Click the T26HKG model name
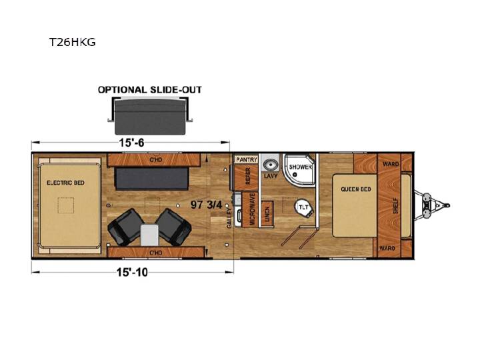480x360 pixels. (x=72, y=41)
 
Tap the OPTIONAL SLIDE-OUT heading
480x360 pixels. (x=150, y=90)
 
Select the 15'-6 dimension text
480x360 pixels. (x=131, y=143)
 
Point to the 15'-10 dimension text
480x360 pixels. (x=132, y=272)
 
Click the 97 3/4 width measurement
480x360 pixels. (x=206, y=205)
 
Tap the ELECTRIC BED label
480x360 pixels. (x=65, y=183)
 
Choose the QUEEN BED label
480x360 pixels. (x=356, y=189)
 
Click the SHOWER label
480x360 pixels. (x=300, y=167)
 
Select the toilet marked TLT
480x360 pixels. (x=304, y=207)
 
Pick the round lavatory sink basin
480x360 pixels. (x=270, y=165)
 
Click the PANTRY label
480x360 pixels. (x=247, y=159)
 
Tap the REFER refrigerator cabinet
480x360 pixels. (x=247, y=177)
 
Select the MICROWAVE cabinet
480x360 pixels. (x=250, y=209)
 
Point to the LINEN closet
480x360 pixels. (x=267, y=214)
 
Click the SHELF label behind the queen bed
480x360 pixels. (x=396, y=206)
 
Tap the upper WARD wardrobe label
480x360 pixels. (x=391, y=164)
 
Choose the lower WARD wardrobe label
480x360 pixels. (x=387, y=248)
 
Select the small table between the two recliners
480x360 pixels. (x=149, y=235)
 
